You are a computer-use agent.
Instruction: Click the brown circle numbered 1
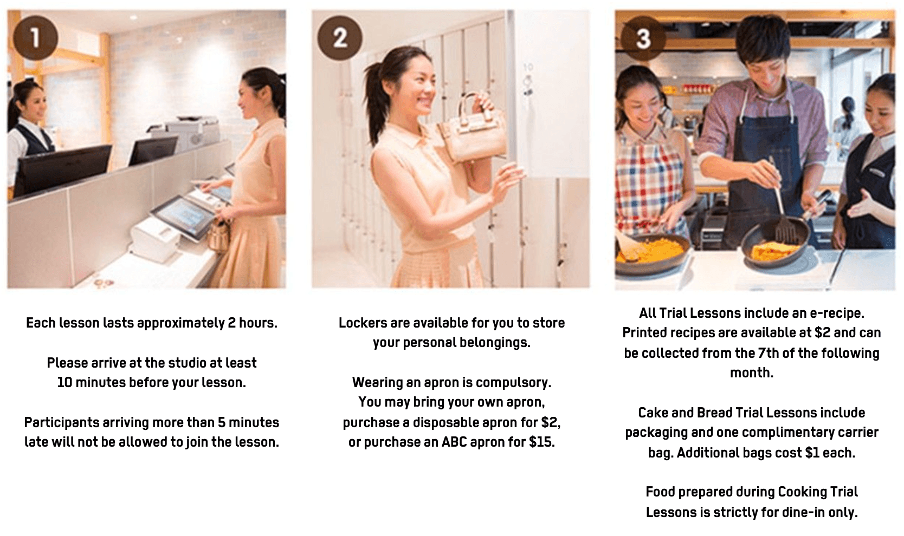[36, 38]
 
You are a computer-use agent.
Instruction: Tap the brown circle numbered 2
[340, 38]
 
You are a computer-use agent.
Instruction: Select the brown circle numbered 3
[643, 38]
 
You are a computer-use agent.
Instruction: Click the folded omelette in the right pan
[775, 251]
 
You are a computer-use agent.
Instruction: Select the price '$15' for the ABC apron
[542, 442]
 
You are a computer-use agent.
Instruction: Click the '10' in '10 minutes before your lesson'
[64, 382]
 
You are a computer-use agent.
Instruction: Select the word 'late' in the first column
[34, 442]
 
